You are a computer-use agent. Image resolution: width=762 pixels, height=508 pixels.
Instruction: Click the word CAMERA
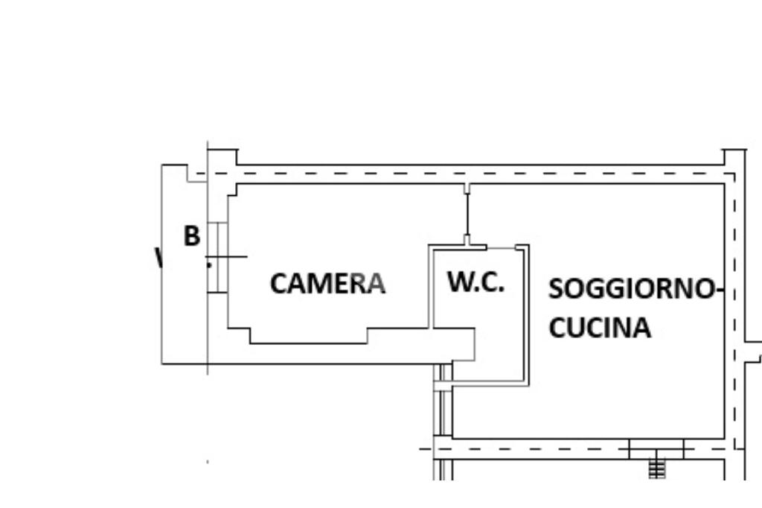click(x=327, y=284)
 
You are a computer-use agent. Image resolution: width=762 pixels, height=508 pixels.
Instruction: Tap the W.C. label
click(x=476, y=282)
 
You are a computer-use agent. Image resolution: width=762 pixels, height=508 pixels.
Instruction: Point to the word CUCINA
click(x=600, y=328)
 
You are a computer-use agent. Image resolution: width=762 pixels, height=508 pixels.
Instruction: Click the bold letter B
click(x=192, y=236)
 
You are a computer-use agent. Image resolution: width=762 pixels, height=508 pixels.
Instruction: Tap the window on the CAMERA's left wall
click(x=217, y=257)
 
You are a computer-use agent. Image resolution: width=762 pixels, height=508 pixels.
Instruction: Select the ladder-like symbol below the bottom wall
click(x=656, y=469)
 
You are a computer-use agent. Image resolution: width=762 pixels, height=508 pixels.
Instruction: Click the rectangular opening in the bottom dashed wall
click(x=656, y=448)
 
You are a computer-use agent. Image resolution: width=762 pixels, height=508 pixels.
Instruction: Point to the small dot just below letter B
click(x=209, y=264)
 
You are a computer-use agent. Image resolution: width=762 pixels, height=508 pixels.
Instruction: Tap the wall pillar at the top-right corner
click(x=734, y=158)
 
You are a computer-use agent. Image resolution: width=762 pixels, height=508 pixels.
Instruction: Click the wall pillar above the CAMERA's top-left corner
click(x=222, y=157)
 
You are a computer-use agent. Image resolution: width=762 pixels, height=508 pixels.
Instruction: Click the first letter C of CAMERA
click(x=278, y=284)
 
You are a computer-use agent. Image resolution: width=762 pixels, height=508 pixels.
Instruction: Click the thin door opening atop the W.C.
click(x=502, y=247)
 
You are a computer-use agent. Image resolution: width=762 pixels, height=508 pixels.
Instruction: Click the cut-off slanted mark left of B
click(x=158, y=258)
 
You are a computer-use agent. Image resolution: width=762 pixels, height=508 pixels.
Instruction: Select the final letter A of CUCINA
click(x=641, y=328)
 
